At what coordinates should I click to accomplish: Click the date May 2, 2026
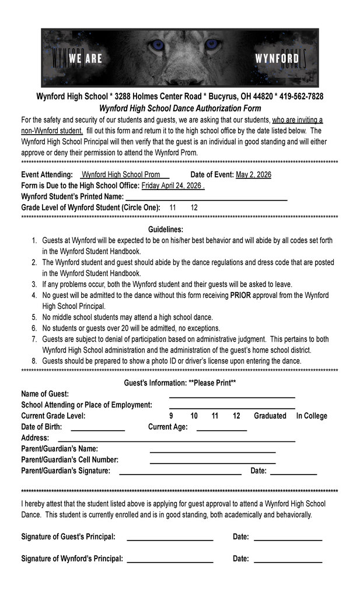253,174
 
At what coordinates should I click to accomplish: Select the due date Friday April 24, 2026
172,185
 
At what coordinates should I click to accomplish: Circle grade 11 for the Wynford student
173,208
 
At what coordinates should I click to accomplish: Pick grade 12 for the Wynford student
194,208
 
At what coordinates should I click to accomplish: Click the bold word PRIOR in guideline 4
241,296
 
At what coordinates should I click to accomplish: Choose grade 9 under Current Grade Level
171,416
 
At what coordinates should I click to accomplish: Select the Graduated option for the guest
270,416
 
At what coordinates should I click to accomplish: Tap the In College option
312,416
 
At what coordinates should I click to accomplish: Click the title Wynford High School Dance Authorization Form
180,108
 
